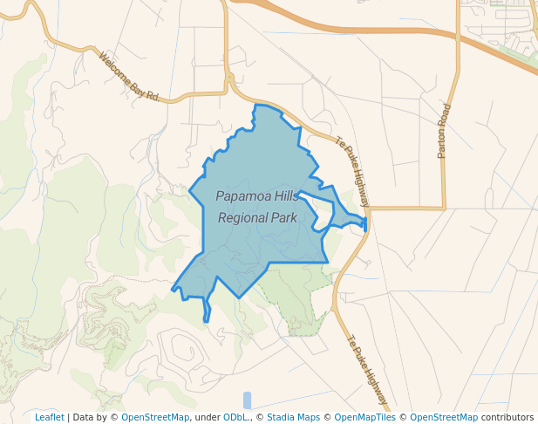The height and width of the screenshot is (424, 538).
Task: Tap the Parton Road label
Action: point(445,132)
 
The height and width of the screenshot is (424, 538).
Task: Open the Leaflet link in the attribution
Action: point(49,417)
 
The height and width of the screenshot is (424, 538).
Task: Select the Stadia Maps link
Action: point(292,417)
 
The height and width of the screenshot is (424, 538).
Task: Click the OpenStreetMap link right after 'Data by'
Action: point(154,417)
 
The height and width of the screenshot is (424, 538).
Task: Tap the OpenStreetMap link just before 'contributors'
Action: point(444,417)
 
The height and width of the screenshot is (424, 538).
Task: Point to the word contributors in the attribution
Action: point(507,417)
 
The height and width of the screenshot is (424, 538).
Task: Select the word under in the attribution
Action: point(208,417)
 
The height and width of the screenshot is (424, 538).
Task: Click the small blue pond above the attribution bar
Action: point(247,400)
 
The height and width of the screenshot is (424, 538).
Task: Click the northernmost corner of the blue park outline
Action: point(255,105)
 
